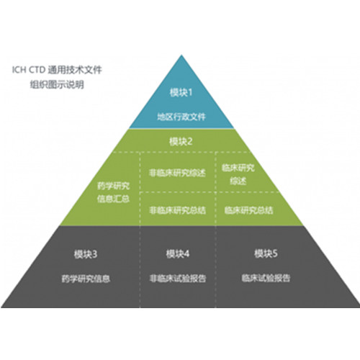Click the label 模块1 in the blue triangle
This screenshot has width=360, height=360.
[181, 92]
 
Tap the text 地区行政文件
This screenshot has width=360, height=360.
[181, 117]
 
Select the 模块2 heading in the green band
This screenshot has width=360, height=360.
[181, 142]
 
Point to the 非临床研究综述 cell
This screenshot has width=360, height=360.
[177, 173]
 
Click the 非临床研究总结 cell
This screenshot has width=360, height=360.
[177, 210]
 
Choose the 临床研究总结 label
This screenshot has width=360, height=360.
[248, 210]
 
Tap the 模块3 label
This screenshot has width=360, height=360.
[86, 254]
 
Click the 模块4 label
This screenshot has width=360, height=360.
[178, 253]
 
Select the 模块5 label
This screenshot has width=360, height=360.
[266, 253]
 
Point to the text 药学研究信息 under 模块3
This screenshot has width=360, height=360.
[86, 279]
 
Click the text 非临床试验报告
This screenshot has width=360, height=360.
[178, 279]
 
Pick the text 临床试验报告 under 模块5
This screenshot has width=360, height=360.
[266, 278]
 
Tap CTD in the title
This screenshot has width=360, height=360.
[37, 70]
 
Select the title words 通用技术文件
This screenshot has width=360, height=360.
[75, 70]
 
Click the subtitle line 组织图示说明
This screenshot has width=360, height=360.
[57, 85]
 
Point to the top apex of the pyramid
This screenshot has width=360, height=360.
[181, 55]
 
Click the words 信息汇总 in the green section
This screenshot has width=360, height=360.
[113, 199]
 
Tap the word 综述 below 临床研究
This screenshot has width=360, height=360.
[238, 181]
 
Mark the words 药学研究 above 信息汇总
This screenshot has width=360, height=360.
[113, 186]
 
